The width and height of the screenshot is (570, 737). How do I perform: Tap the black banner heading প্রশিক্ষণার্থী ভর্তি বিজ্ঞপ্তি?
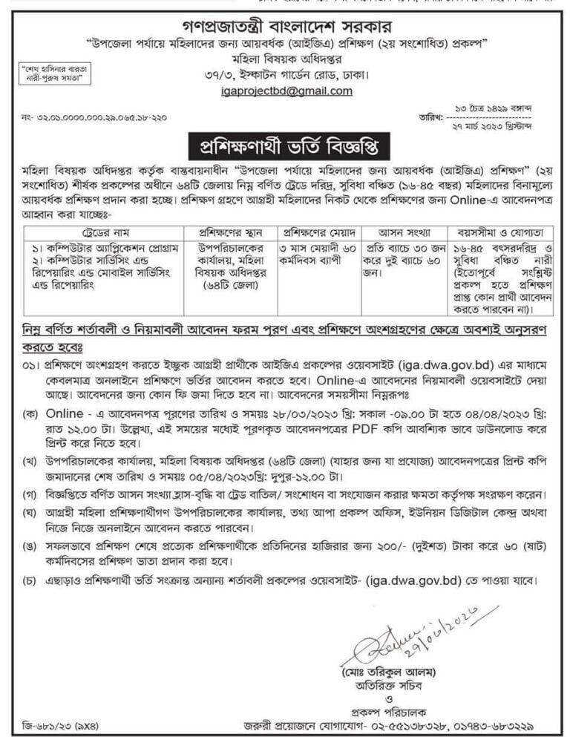coord(285,143)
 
